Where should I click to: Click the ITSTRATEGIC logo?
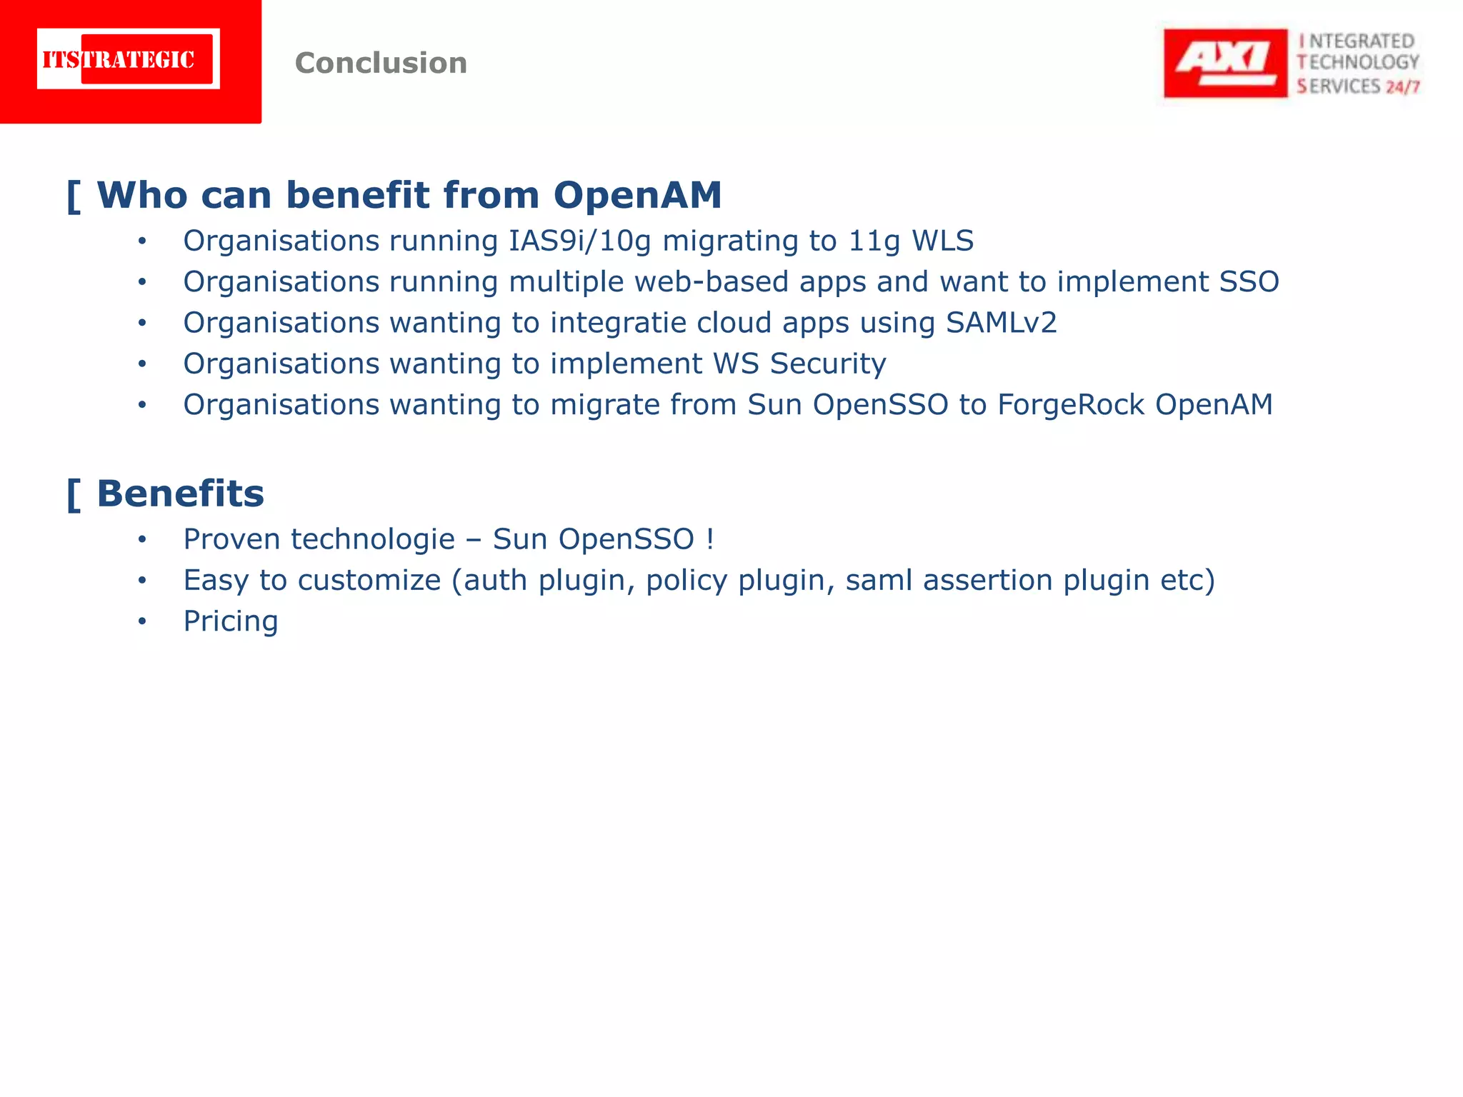coord(129,59)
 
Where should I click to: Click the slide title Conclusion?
coord(381,63)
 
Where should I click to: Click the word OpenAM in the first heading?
coord(637,195)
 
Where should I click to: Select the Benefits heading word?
coord(180,494)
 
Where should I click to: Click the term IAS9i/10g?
coord(579,241)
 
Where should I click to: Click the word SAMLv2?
coord(1001,323)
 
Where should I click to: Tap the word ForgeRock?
coord(1071,404)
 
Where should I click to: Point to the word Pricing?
coord(230,621)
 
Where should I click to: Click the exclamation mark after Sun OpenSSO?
coord(709,539)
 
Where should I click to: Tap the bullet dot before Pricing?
coord(142,621)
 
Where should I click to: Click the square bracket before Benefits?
coord(73,494)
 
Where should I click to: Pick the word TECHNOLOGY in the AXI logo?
coord(1358,63)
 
